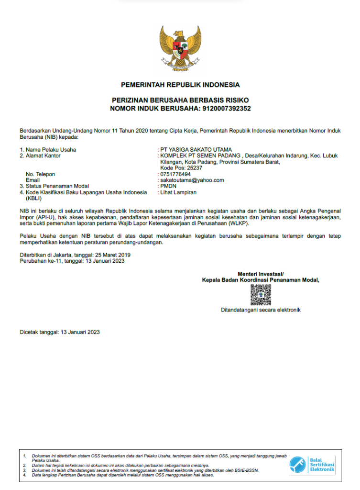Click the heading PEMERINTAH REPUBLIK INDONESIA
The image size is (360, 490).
[x=180, y=85]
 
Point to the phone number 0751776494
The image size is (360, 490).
[x=175, y=174]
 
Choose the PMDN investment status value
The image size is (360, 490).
[x=168, y=186]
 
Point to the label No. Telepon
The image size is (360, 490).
[x=40, y=174]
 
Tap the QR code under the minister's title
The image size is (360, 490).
[x=261, y=295]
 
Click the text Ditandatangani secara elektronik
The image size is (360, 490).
[x=261, y=310]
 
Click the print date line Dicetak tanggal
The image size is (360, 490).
[x=60, y=332]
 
